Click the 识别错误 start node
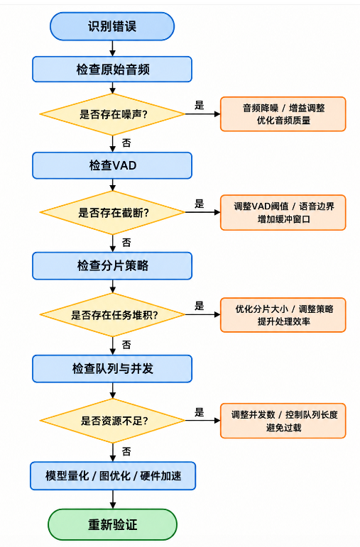pyautogui.click(x=112, y=26)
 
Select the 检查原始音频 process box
pyautogui.click(x=112, y=70)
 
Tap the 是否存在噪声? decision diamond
pyautogui.click(x=112, y=114)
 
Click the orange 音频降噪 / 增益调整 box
pyautogui.click(x=283, y=114)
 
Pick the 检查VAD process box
pyautogui.click(x=112, y=165)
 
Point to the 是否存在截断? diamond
pyautogui.click(x=112, y=212)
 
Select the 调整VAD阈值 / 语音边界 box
pyautogui.click(x=283, y=212)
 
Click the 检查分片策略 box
pyautogui.click(x=112, y=266)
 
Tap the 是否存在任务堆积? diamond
pyautogui.click(x=112, y=315)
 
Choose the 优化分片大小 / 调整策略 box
pyautogui.click(x=283, y=315)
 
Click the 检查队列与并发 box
pyautogui.click(x=112, y=369)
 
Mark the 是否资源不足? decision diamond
pyautogui.click(x=112, y=421)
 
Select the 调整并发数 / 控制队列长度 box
pyautogui.click(x=283, y=421)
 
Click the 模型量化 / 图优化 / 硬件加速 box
pyautogui.click(x=113, y=476)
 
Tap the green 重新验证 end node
pyautogui.click(x=112, y=525)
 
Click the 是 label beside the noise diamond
pyautogui.click(x=199, y=105)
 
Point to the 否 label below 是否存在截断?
pyautogui.click(x=126, y=243)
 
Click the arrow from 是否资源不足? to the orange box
pyautogui.click(x=202, y=421)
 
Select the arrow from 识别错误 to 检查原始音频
pyautogui.click(x=112, y=48)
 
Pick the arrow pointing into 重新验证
pyautogui.click(x=112, y=499)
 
